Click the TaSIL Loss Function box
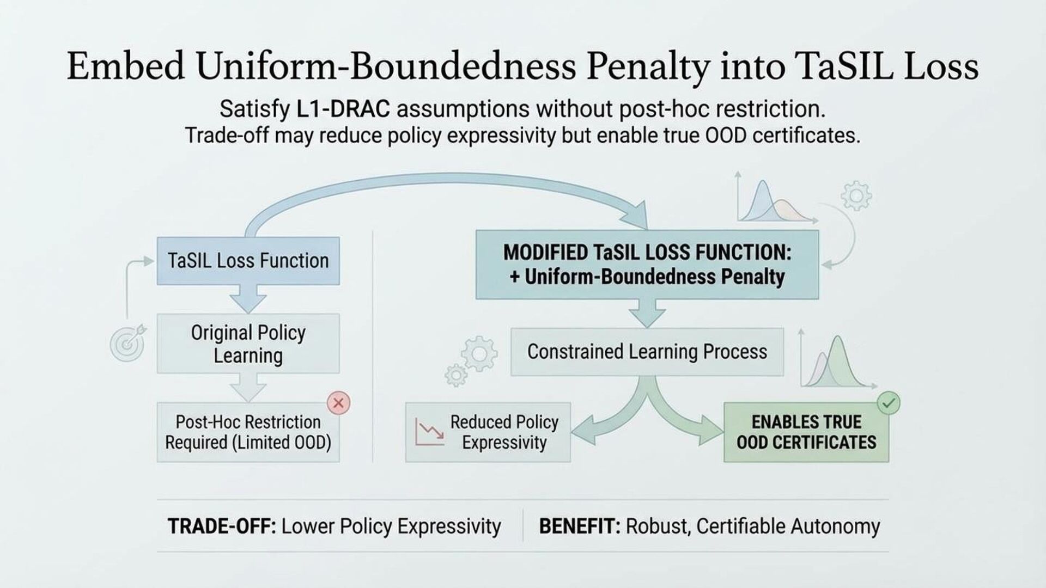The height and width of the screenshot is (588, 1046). [248, 261]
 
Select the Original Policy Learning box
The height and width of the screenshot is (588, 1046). [248, 344]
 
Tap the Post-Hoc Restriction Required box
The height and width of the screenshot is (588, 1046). [248, 432]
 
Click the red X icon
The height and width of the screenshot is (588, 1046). [338, 403]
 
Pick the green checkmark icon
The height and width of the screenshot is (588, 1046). [889, 403]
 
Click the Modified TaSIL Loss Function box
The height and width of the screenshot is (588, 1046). [647, 265]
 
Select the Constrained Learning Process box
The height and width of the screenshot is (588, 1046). [647, 352]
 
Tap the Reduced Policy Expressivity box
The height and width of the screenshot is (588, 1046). [488, 432]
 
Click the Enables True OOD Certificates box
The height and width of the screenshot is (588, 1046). [806, 432]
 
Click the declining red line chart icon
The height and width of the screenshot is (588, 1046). [429, 432]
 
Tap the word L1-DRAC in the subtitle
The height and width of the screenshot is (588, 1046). [343, 109]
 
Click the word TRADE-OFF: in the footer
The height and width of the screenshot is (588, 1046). [221, 526]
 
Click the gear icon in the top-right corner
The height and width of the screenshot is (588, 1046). [856, 196]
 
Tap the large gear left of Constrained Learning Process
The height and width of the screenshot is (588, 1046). [479, 354]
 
